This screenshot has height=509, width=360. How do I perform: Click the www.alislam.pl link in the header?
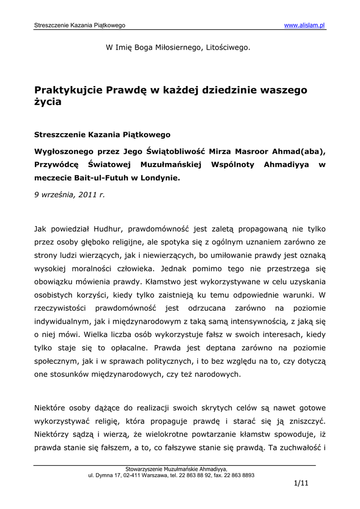point(304,25)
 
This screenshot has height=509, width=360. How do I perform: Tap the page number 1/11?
point(301,483)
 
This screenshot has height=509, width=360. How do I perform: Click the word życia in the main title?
point(48,102)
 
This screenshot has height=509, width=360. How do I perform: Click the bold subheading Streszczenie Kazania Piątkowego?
point(102,134)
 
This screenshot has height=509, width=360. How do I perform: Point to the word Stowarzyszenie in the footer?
point(145,469)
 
